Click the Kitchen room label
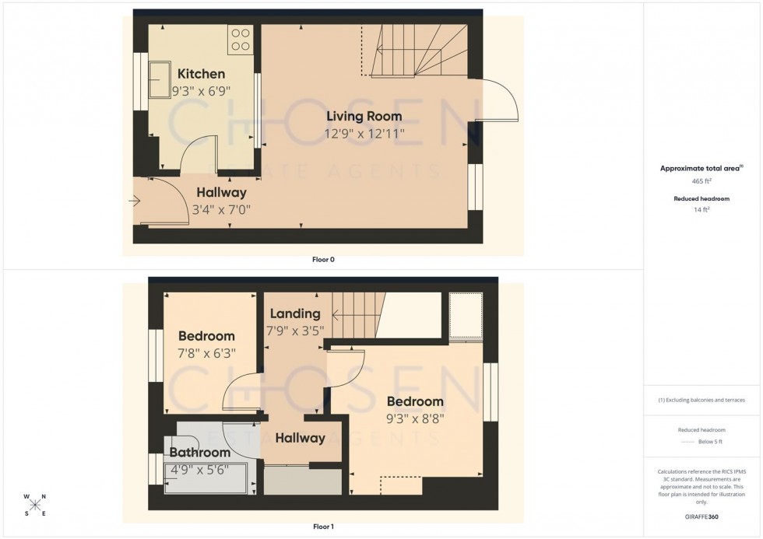[201, 74]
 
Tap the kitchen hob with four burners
[240, 39]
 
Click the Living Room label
[364, 117]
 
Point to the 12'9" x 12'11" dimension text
[364, 134]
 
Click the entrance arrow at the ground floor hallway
[135, 201]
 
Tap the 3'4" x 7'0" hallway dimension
[221, 209]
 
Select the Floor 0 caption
[322, 260]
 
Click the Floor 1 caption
[322, 527]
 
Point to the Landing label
[295, 313]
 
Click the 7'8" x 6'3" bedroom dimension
[206, 353]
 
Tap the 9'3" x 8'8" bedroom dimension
[415, 418]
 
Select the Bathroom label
[200, 453]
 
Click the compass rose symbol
[35, 505]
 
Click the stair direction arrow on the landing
[336, 316]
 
